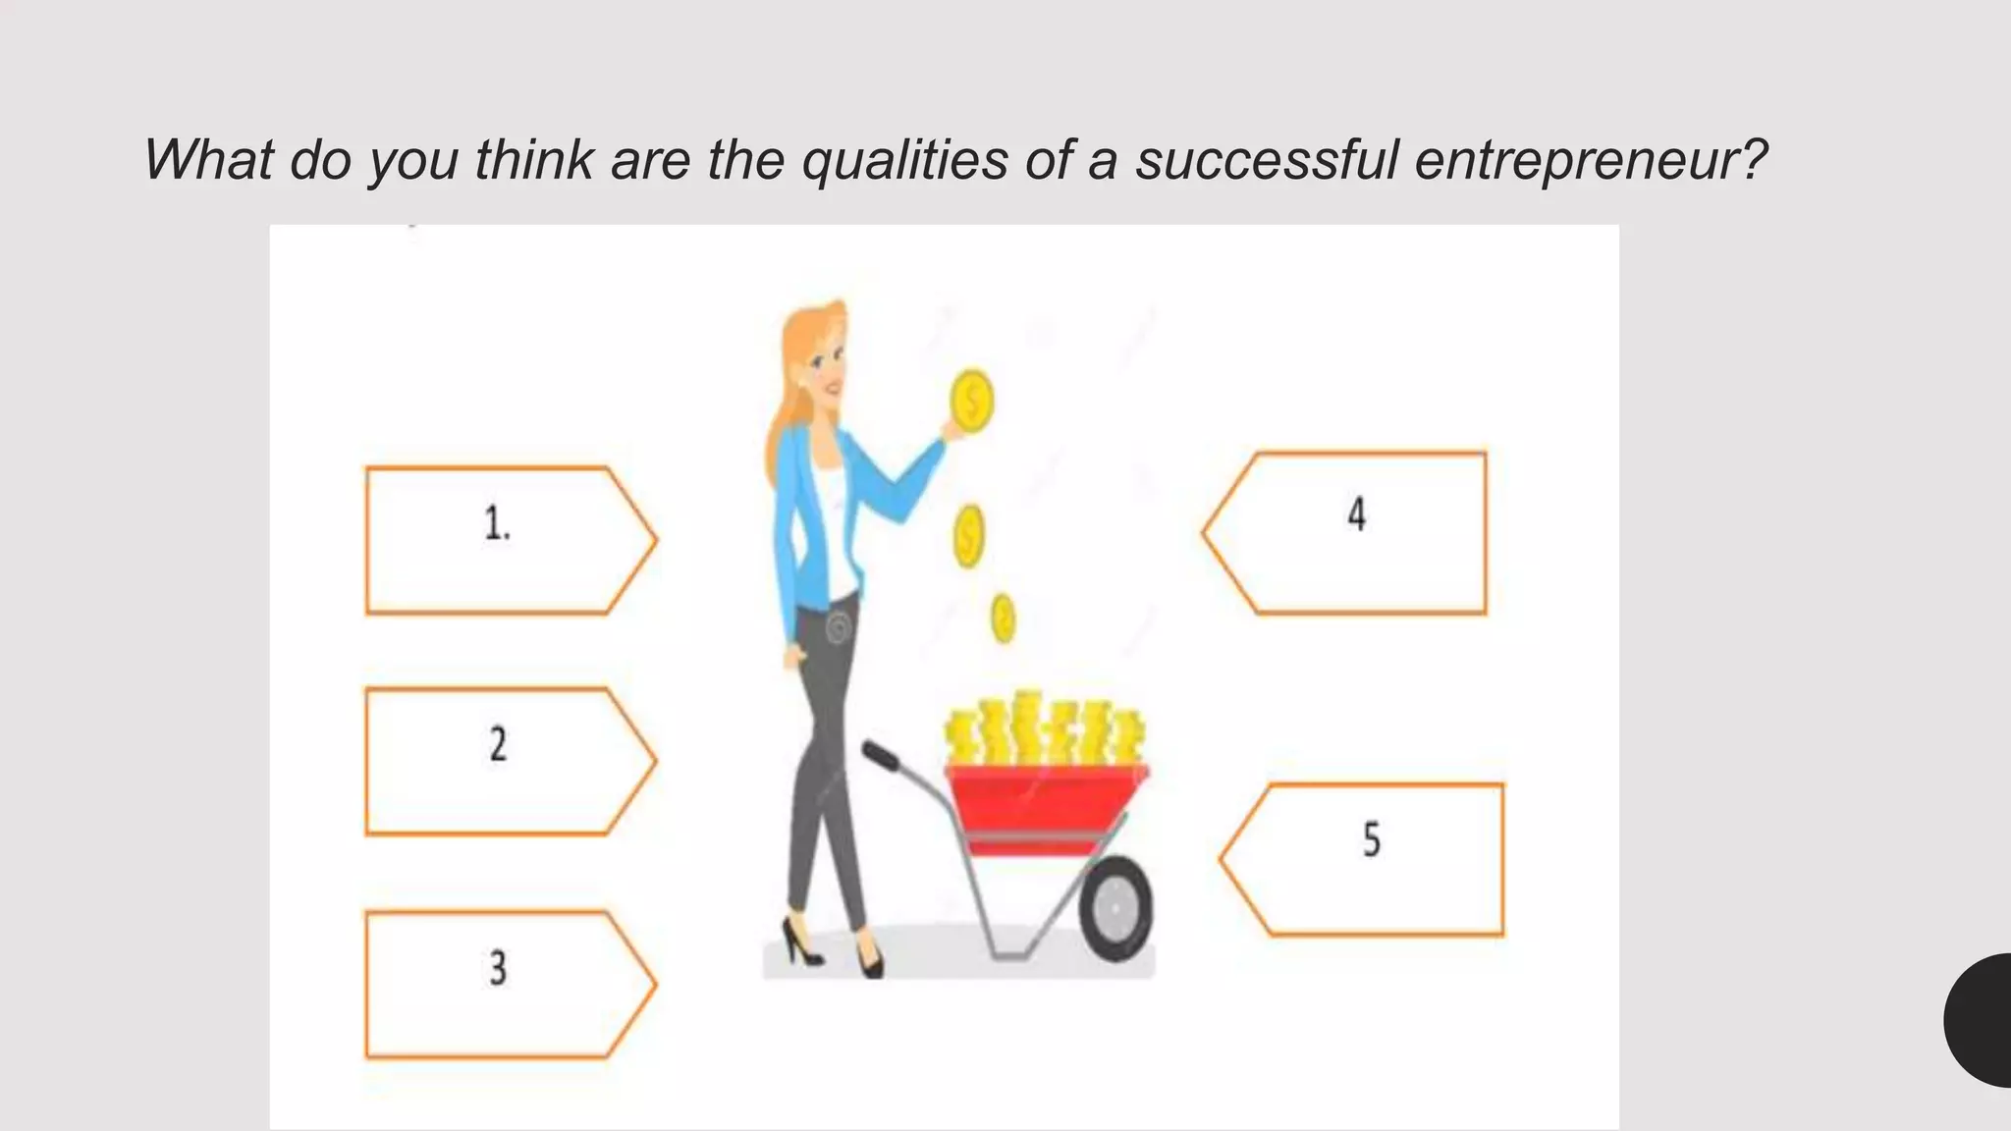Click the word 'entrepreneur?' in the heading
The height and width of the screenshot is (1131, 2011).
tap(1590, 159)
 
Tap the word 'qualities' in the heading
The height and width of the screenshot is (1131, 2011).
tap(904, 159)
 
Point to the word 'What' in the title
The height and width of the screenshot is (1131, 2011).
tap(207, 159)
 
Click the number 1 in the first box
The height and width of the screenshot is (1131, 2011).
tap(497, 523)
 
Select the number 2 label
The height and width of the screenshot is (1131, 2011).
tap(498, 744)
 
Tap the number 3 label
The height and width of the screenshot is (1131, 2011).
tap(498, 968)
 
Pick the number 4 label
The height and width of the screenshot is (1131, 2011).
tap(1356, 514)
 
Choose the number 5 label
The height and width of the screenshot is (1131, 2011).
tap(1372, 840)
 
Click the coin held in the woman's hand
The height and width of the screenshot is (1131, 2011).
tap(972, 401)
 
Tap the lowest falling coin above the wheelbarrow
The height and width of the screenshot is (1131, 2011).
tap(1003, 619)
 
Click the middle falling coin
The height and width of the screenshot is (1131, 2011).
tap(969, 536)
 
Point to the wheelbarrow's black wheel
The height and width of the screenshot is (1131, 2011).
tap(1116, 908)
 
